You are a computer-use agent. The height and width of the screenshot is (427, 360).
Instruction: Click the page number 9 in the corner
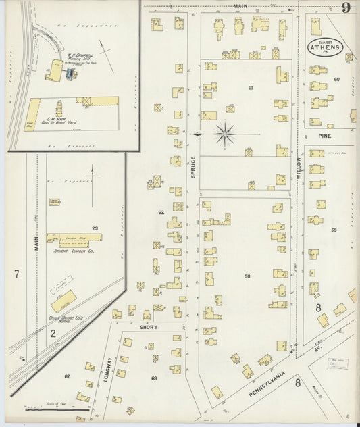coord(345,8)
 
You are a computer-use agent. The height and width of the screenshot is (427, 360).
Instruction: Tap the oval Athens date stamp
coord(326,47)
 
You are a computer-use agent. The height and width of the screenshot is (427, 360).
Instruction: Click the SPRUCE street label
coord(192,165)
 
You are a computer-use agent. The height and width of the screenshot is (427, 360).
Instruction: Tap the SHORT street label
coord(149,327)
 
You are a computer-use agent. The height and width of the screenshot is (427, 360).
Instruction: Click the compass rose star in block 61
coord(225,134)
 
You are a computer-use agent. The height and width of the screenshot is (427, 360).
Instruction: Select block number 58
coord(247,276)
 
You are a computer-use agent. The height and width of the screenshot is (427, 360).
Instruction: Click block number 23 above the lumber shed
coord(95,228)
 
